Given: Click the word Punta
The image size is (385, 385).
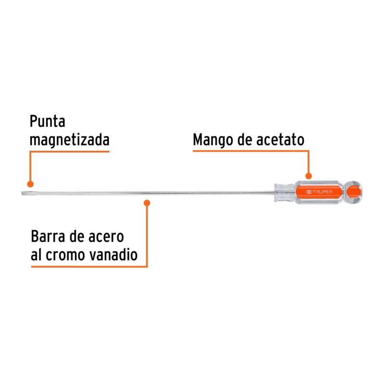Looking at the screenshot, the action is pyautogui.click(x=47, y=121).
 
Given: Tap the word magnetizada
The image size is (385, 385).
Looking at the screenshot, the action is pyautogui.click(x=69, y=140).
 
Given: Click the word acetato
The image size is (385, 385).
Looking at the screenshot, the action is pyautogui.click(x=280, y=140).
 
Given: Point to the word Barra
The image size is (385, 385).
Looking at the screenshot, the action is pyautogui.click(x=48, y=236).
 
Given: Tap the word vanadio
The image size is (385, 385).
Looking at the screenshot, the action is pyautogui.click(x=113, y=255).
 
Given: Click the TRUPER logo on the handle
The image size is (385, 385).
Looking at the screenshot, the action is pyautogui.click(x=320, y=192).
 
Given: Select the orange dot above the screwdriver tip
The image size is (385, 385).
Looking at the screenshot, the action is pyautogui.click(x=30, y=184).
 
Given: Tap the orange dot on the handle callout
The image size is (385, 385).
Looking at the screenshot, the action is pyautogui.click(x=308, y=176).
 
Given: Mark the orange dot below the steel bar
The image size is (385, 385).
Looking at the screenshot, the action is pyautogui.click(x=147, y=203).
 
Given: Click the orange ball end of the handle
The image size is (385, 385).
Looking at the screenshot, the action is pyautogui.click(x=353, y=192).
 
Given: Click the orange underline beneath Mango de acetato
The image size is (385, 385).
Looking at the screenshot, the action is pyautogui.click(x=251, y=151).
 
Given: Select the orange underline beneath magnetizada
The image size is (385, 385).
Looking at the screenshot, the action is pyautogui.click(x=69, y=152).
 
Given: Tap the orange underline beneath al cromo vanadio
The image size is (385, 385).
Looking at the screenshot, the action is pyautogui.click(x=89, y=267).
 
